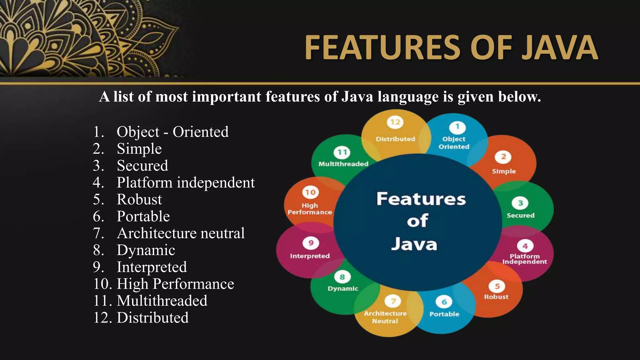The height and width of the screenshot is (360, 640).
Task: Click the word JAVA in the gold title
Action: coord(559,47)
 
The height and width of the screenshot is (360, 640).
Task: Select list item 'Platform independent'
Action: coord(186,182)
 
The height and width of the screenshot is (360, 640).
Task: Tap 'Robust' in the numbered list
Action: coord(139,199)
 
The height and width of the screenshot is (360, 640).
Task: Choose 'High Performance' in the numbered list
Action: coord(175,284)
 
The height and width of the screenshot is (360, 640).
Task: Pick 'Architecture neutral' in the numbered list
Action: coord(181,233)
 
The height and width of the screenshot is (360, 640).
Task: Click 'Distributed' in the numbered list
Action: coord(152,317)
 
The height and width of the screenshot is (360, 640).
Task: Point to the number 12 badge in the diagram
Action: coord(395,122)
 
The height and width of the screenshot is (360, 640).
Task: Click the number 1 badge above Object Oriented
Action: coord(457,127)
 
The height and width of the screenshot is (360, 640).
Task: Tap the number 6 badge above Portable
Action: coord(444,302)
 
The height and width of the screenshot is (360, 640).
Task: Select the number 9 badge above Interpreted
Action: coord(311,243)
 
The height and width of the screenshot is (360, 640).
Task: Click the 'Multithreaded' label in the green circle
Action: coord(343,164)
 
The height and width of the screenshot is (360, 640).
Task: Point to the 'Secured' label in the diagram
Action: coord(520,215)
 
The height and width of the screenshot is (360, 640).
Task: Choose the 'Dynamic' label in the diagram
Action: coord(342,288)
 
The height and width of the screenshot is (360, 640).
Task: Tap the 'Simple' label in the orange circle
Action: coord(504,171)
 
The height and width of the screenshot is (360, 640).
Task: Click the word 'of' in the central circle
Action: coord(417,221)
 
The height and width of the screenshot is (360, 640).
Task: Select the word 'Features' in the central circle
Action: coord(421,199)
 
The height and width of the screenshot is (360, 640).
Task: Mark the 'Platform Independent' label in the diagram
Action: coord(524,259)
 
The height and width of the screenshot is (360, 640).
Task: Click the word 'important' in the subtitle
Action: coord(226,97)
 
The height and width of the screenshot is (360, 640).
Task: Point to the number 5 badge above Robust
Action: coord(497,286)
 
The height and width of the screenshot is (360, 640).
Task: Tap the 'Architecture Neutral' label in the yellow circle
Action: coord(385,317)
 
